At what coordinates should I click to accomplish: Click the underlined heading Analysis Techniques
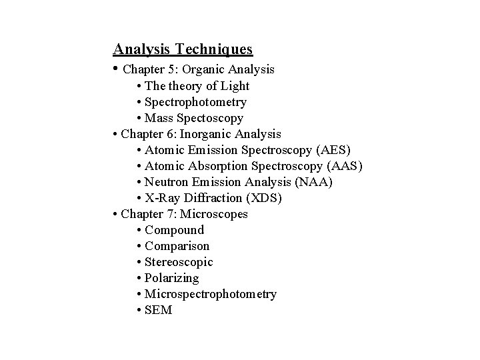183,49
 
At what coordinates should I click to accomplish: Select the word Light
235,86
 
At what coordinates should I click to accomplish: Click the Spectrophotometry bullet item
195,102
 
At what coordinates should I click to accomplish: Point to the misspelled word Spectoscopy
210,118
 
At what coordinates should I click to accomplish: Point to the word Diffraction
209,198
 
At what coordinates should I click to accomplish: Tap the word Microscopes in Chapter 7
216,214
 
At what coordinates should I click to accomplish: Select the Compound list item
174,230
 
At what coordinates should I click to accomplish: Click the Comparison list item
177,246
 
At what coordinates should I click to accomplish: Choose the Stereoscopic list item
179,262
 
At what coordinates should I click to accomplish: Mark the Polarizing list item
171,278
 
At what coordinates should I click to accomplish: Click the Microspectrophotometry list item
210,294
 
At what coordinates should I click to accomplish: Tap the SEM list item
158,310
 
